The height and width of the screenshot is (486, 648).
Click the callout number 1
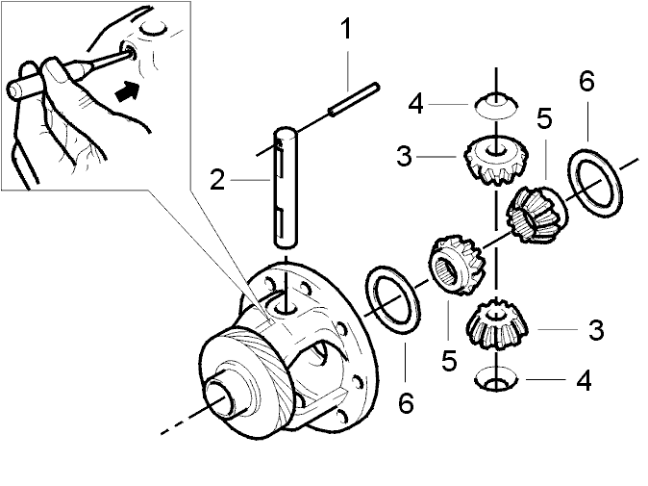(x=346, y=29)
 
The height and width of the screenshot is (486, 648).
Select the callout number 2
(x=217, y=180)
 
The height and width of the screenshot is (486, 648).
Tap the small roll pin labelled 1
(x=354, y=99)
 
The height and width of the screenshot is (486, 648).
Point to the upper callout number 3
(x=404, y=157)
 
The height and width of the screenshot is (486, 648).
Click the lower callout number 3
(x=596, y=330)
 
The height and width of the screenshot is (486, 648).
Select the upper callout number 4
(x=415, y=104)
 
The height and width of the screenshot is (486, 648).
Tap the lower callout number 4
(x=584, y=380)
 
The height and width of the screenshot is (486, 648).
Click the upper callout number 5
(x=545, y=117)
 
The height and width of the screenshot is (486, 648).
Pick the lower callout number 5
(x=449, y=360)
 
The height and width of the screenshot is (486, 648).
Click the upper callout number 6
(x=586, y=81)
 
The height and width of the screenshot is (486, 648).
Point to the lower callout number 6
(x=406, y=402)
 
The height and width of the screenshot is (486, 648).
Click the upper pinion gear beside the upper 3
(x=496, y=160)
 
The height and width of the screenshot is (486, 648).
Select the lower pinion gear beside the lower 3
(x=497, y=325)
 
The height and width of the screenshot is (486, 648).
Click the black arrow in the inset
(x=127, y=91)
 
